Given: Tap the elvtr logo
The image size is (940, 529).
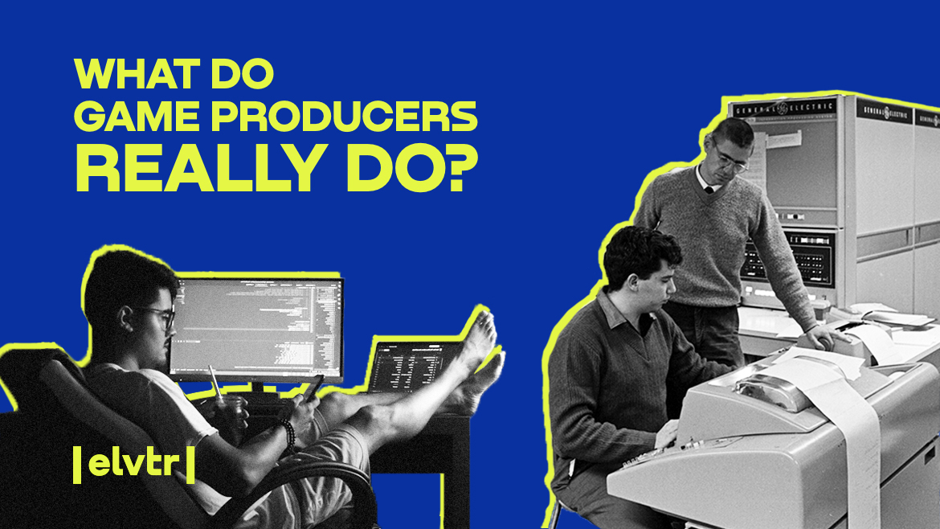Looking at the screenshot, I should (133, 465).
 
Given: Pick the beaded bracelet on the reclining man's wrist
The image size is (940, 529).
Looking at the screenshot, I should (287, 434).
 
